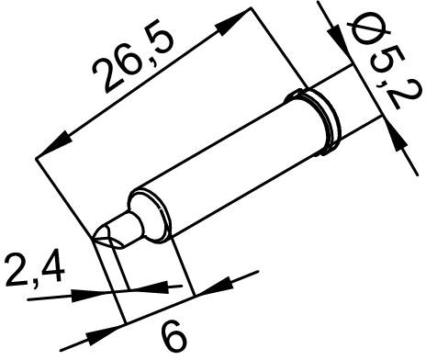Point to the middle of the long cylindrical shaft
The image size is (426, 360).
[x=230, y=161]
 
